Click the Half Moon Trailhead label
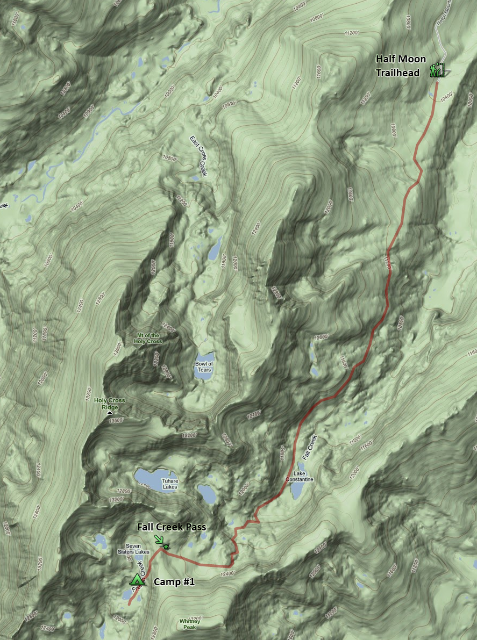pyautogui.click(x=400, y=66)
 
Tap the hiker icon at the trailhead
pyautogui.click(x=433, y=70)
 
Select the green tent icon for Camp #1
pyautogui.click(x=137, y=580)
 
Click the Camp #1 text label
pyautogui.click(x=174, y=581)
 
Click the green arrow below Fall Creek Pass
pyautogui.click(x=159, y=539)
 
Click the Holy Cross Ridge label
pyautogui.click(x=109, y=404)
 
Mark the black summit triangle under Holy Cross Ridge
pyautogui.click(x=110, y=413)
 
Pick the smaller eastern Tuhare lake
pyautogui.click(x=207, y=493)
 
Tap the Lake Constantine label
pyautogui.click(x=299, y=476)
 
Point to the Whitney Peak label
pyautogui.click(x=189, y=624)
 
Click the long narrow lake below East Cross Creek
pyautogui.click(x=215, y=248)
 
